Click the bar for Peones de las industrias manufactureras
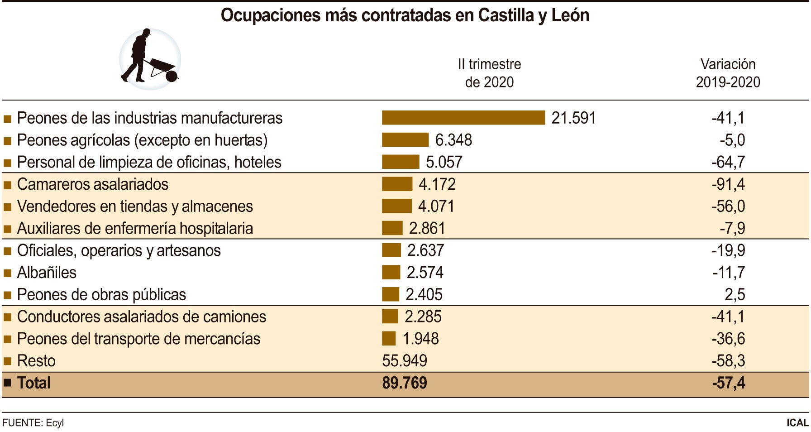(x=463, y=118)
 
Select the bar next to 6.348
(x=405, y=140)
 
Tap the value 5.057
(x=444, y=162)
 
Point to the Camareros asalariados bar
(x=397, y=184)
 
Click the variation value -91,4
(x=728, y=184)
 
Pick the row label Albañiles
(x=47, y=273)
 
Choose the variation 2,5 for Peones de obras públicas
(x=735, y=295)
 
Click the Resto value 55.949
(x=404, y=361)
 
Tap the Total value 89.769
(x=404, y=383)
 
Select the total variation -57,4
(x=728, y=383)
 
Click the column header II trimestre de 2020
(x=489, y=73)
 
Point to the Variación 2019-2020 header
(x=728, y=73)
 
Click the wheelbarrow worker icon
(x=150, y=59)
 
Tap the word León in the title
(x=570, y=15)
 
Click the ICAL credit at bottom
(x=797, y=422)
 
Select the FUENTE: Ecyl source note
(x=33, y=422)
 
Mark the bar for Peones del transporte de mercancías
(x=389, y=339)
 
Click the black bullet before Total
(x=7, y=383)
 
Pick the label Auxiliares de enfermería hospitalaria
(x=135, y=229)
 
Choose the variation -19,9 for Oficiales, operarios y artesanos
(x=728, y=250)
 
